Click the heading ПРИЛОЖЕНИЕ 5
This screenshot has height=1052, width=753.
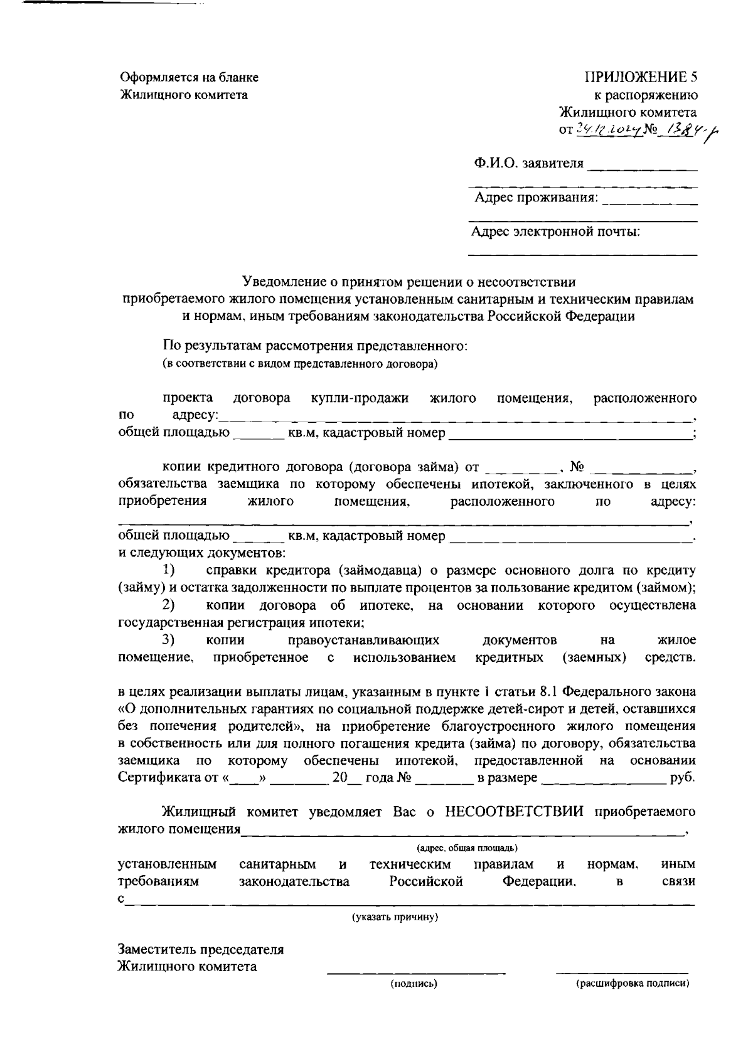pyautogui.click(x=641, y=78)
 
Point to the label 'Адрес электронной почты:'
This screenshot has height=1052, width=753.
pyautogui.click(x=556, y=232)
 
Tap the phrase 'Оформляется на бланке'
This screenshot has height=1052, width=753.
pyautogui.click(x=189, y=78)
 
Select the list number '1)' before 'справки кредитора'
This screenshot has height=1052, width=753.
pyautogui.click(x=168, y=570)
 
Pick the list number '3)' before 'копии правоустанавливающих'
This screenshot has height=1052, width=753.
pyautogui.click(x=168, y=640)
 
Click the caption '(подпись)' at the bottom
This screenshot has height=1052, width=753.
pyautogui.click(x=414, y=984)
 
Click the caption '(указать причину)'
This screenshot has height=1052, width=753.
pyautogui.click(x=395, y=917)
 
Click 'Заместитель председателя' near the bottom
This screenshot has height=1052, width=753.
pyautogui.click(x=201, y=949)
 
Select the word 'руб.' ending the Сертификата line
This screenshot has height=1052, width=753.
pyautogui.click(x=682, y=778)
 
